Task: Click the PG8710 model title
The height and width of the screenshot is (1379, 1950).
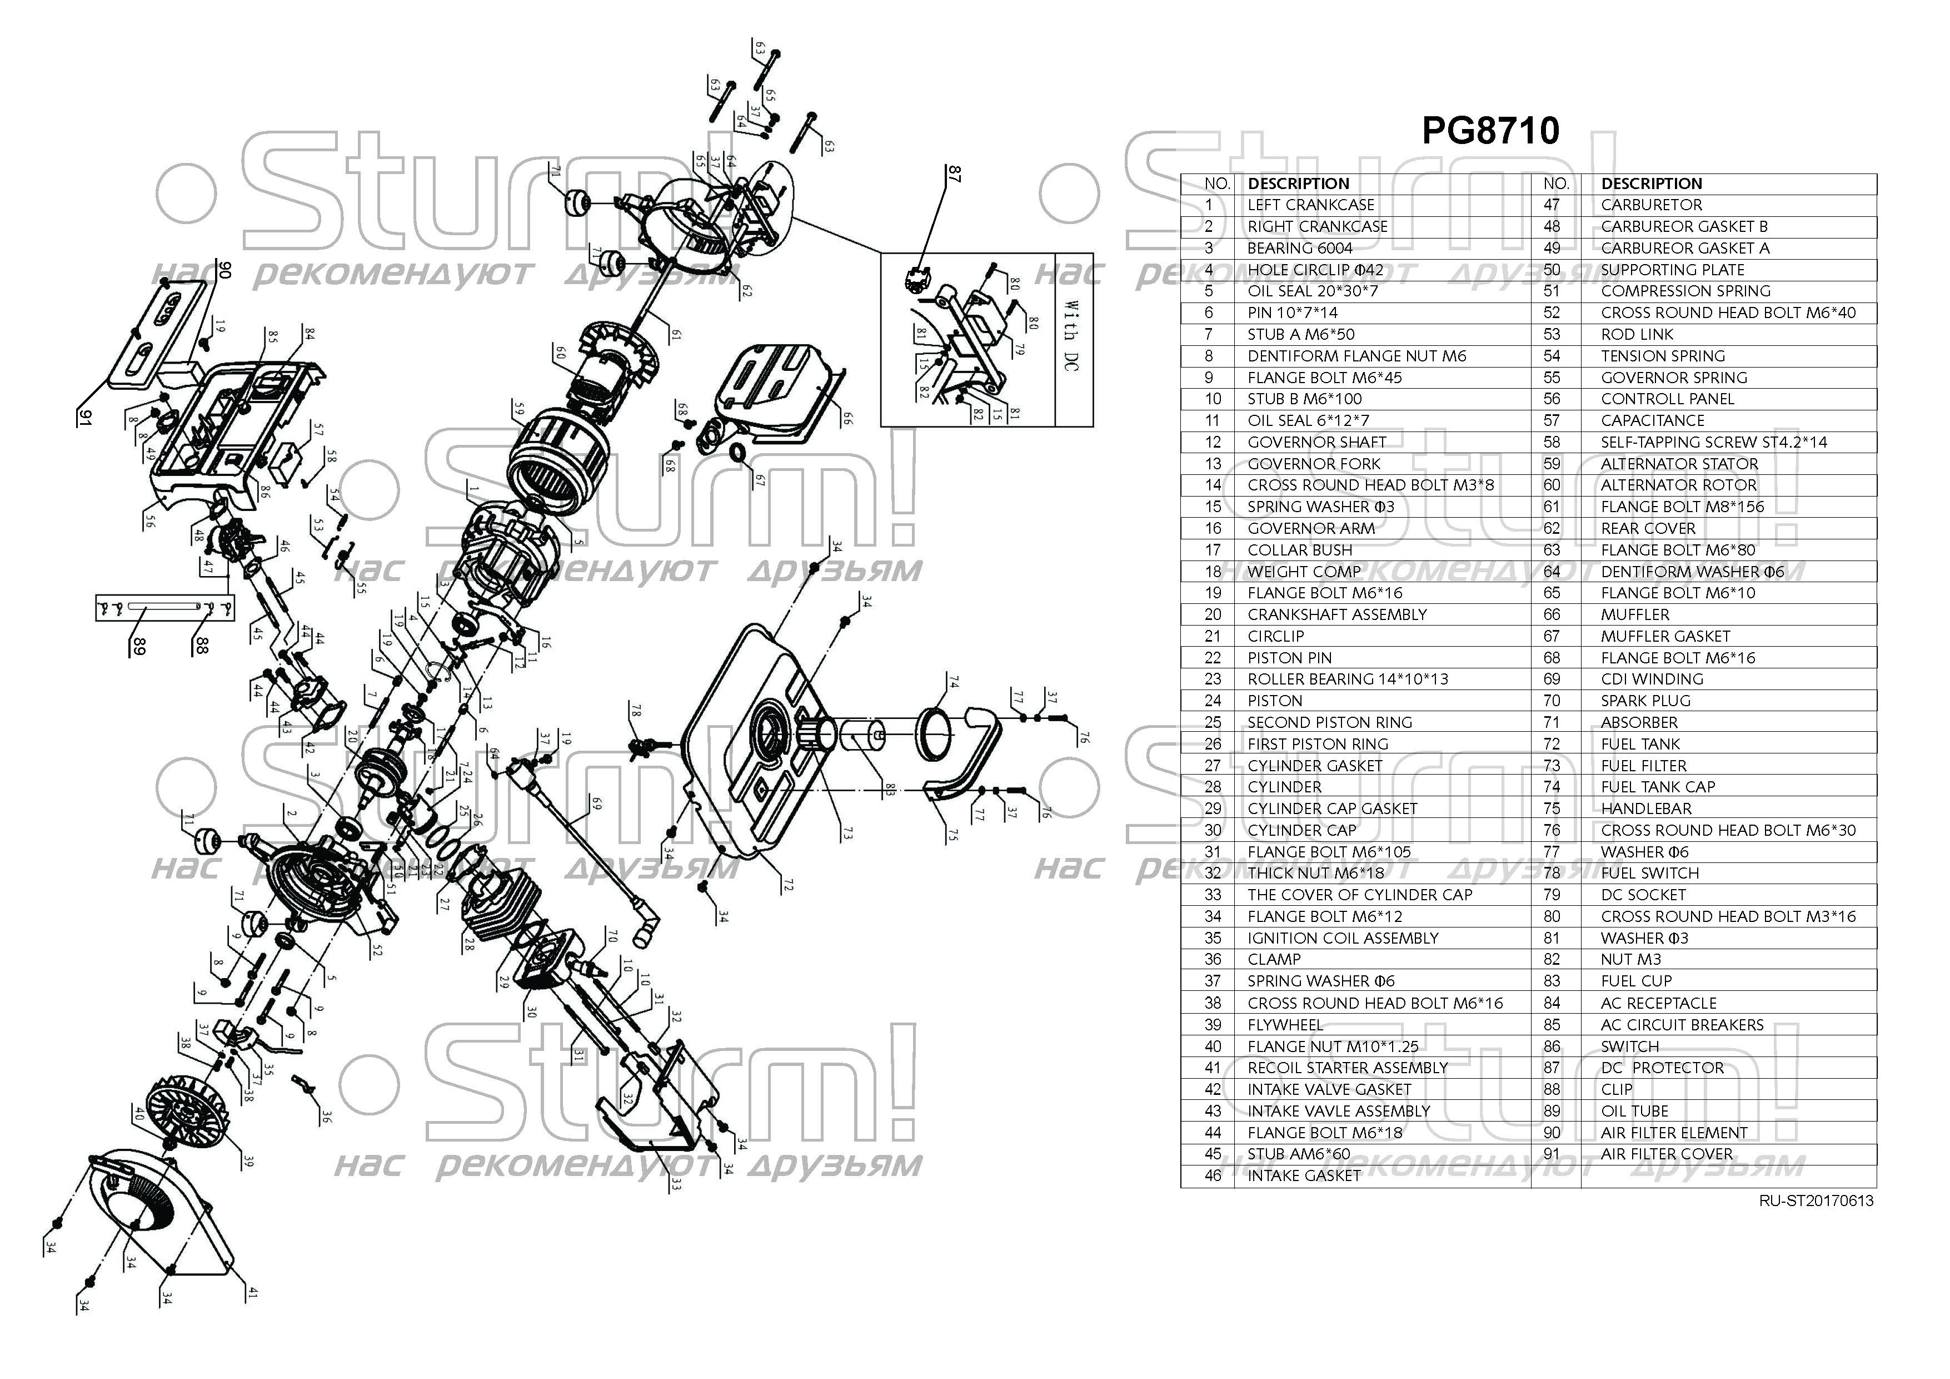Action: tap(1490, 131)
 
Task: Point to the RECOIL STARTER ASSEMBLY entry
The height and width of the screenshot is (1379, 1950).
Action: tap(1347, 1068)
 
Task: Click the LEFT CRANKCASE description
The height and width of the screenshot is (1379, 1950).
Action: tap(1310, 205)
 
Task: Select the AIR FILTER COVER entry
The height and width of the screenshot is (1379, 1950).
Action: tap(1667, 1154)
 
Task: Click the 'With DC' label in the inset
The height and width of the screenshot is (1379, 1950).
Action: tap(1073, 336)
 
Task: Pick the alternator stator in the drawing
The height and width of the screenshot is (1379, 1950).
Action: tap(556, 459)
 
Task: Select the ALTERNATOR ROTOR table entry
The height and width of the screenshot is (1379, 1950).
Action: tap(1678, 485)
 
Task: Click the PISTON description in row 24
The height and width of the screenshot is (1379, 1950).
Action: tap(1274, 701)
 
